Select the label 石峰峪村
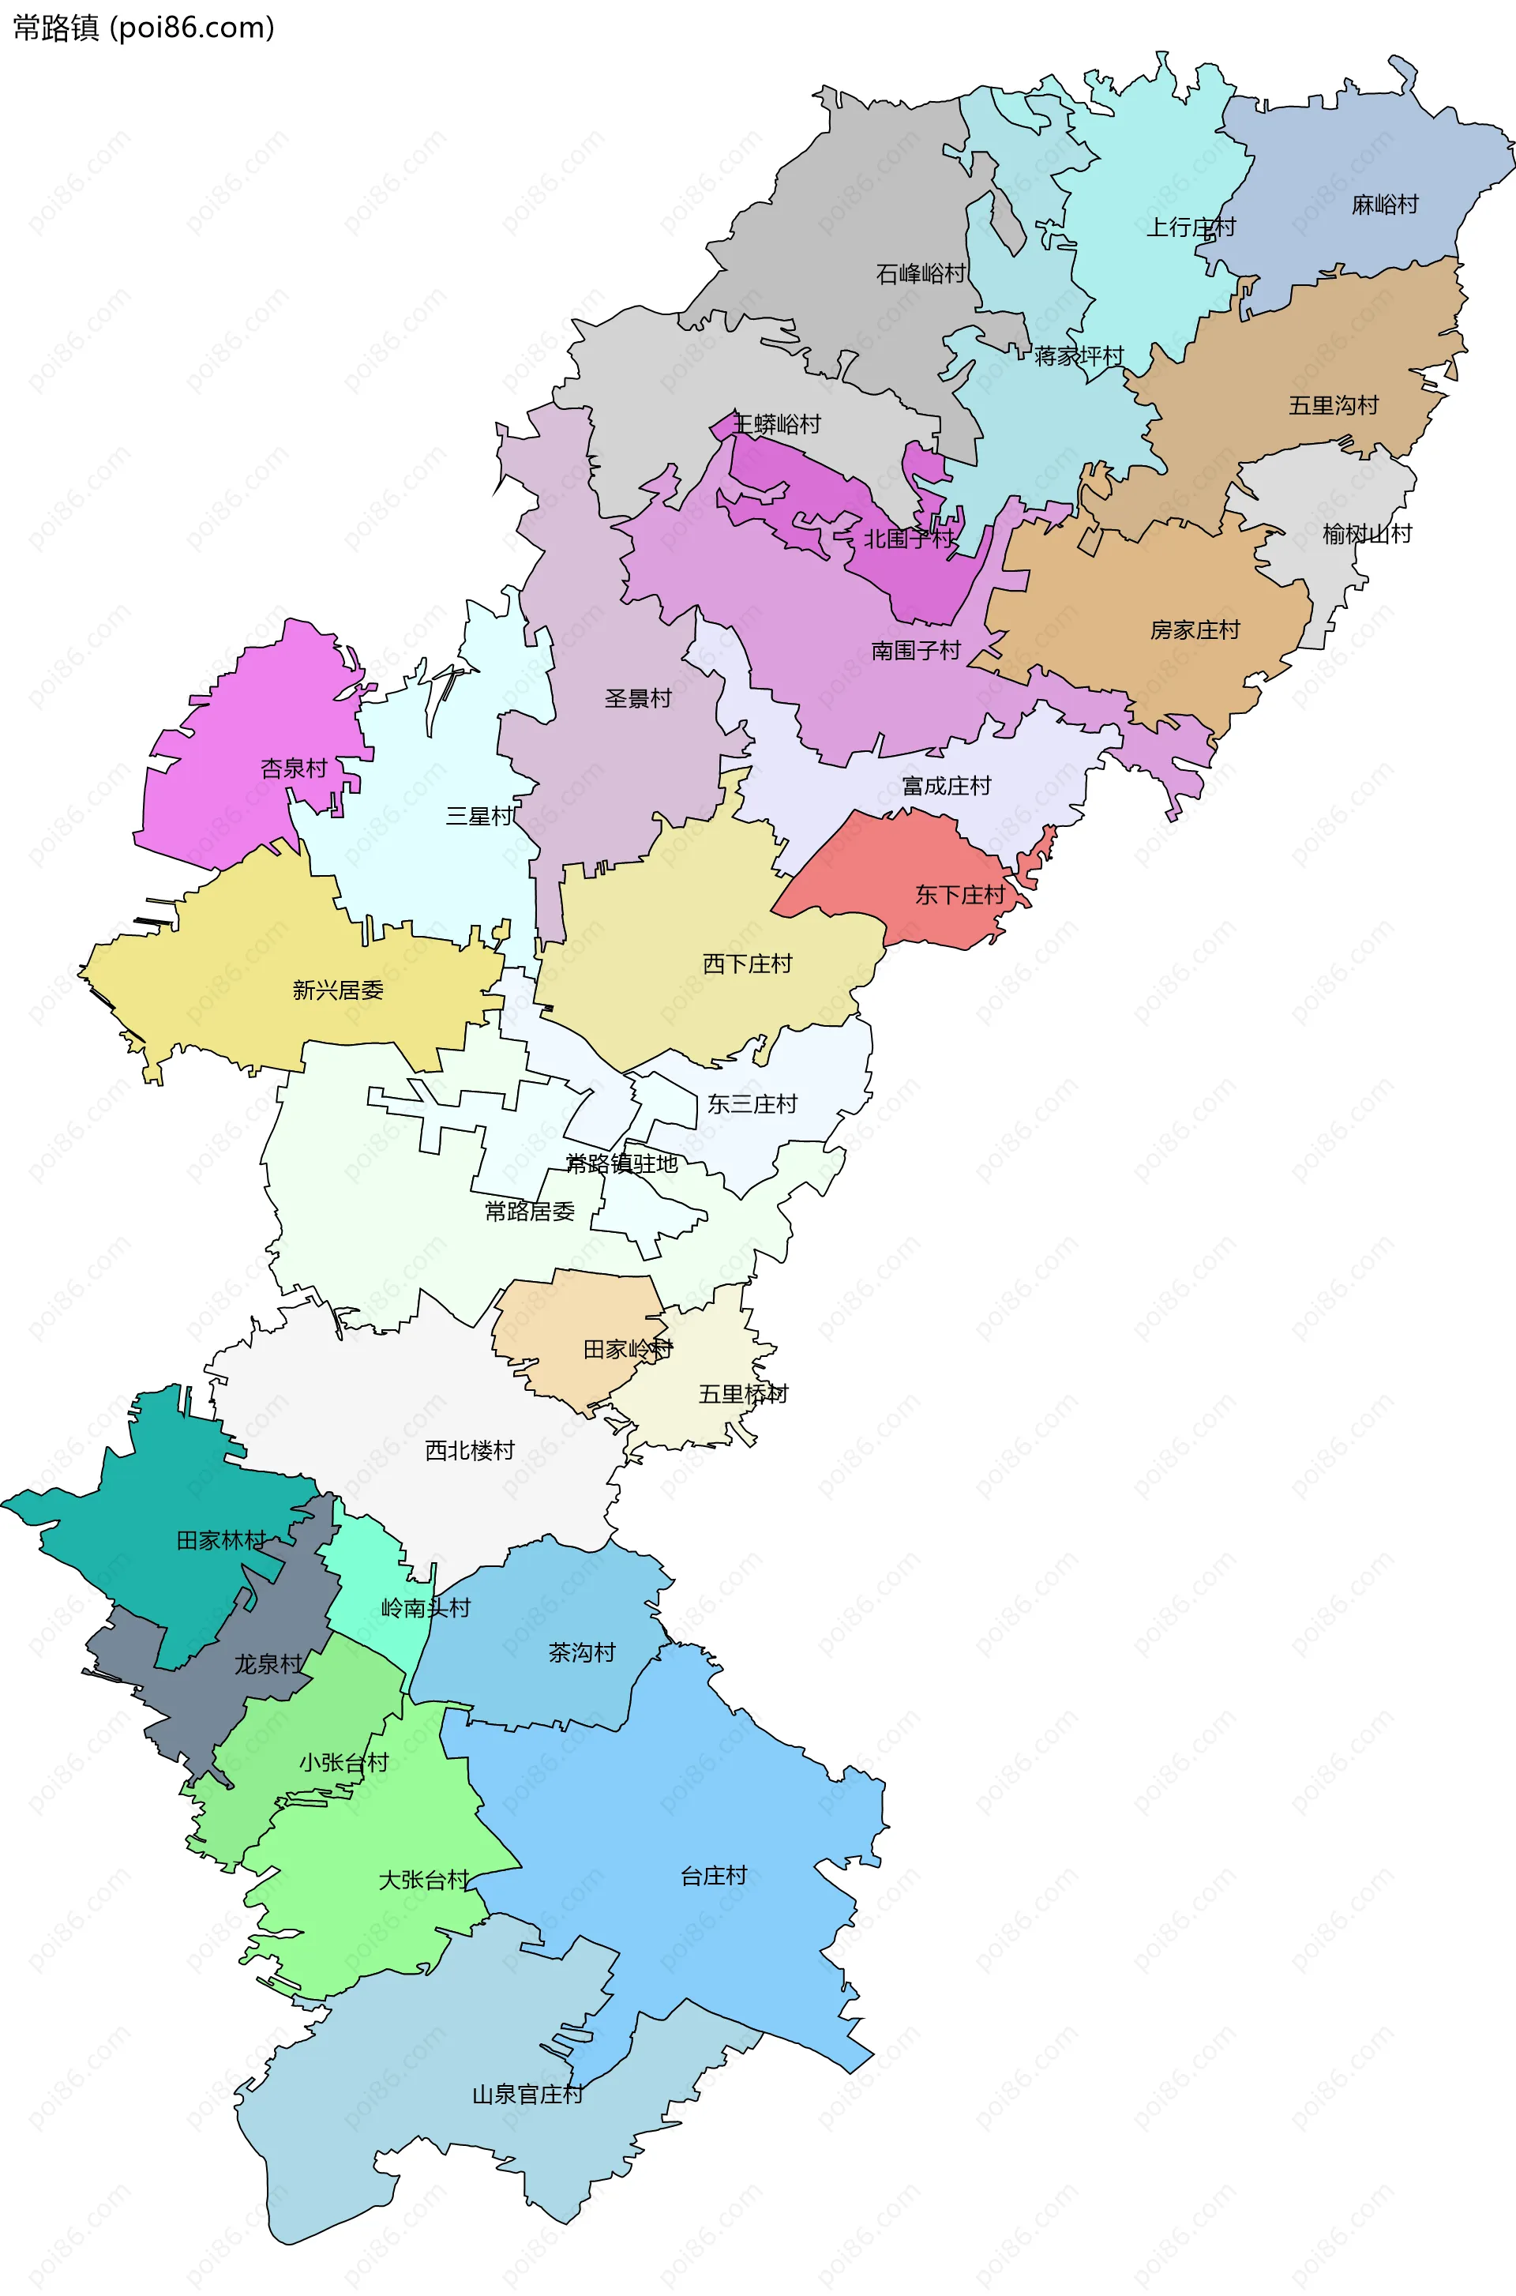(x=921, y=274)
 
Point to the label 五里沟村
(x=1334, y=405)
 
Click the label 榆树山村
(x=1367, y=534)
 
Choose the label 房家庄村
(x=1194, y=630)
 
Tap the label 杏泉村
(x=294, y=768)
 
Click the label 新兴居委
(x=337, y=990)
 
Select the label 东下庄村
(x=959, y=896)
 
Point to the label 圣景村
(x=637, y=699)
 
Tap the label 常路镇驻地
(x=621, y=1164)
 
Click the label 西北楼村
(x=469, y=1451)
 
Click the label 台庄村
(x=714, y=1877)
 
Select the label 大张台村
(x=423, y=1880)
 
